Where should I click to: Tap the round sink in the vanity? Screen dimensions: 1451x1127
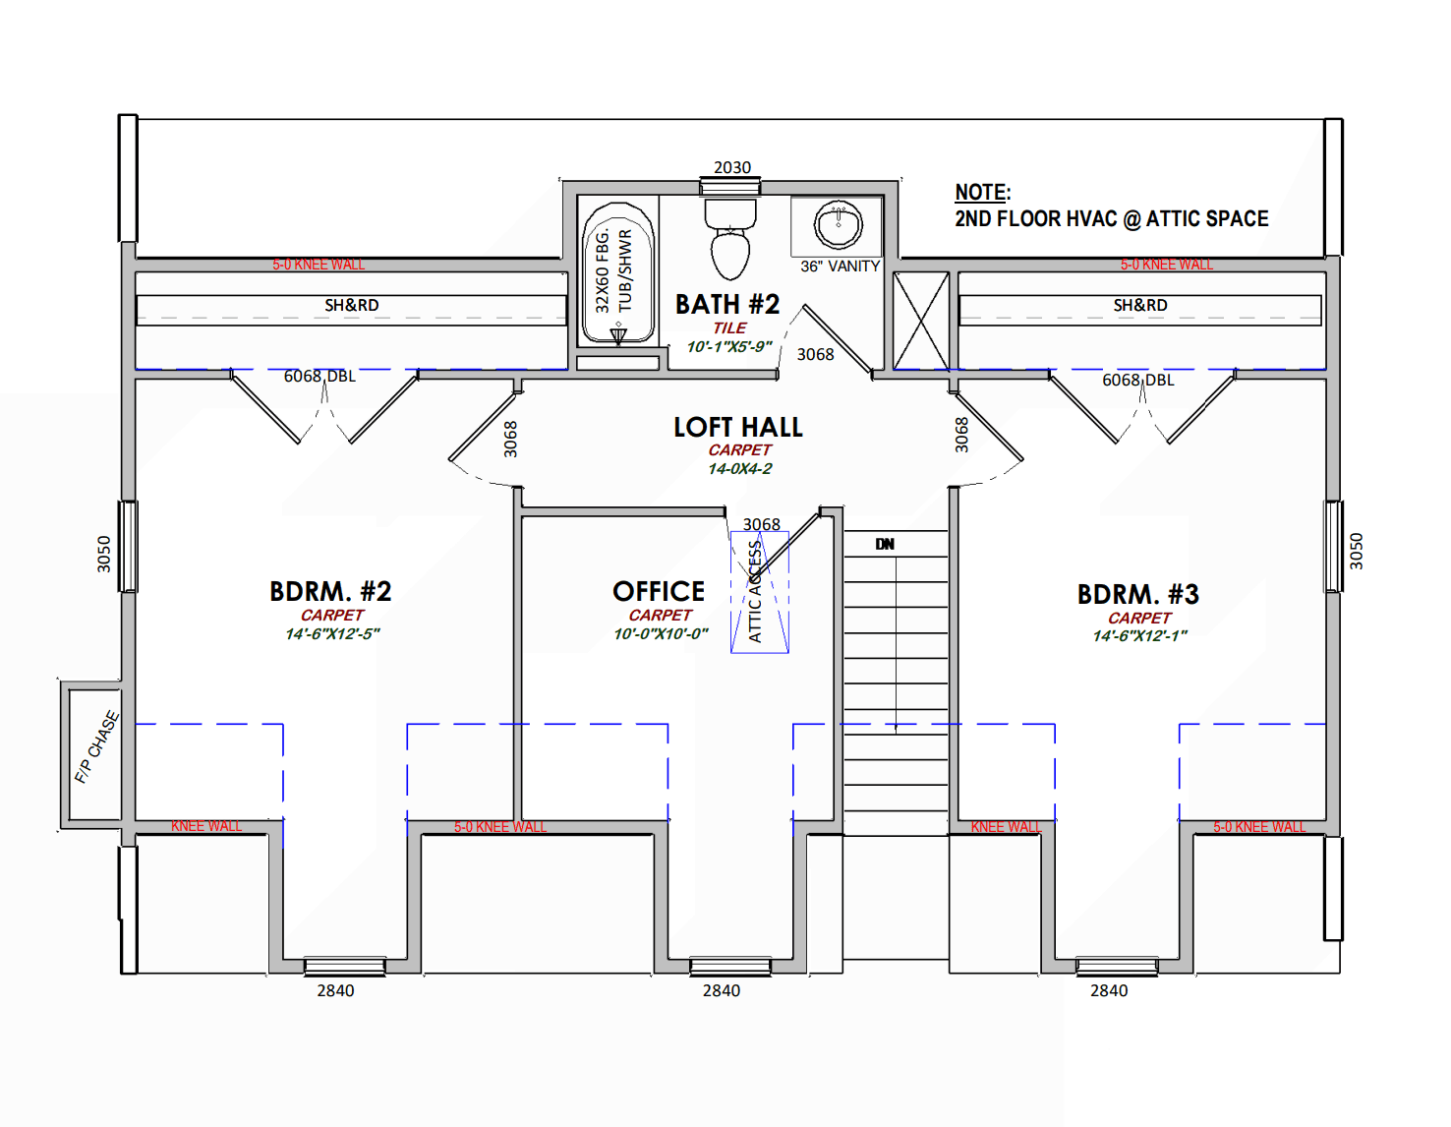point(838,224)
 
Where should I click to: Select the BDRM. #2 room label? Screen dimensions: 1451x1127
point(330,592)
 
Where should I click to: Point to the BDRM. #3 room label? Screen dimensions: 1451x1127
point(1137,594)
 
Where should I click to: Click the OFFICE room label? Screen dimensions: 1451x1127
point(659,592)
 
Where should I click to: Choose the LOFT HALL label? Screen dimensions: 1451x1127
point(738,428)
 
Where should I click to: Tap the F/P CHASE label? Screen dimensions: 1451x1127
point(96,747)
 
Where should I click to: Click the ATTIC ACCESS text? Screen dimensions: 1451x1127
point(755,592)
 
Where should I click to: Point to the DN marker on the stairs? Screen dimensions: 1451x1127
point(885,544)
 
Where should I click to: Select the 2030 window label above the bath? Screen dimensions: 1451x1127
point(731,167)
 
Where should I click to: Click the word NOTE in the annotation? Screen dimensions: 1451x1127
point(981,193)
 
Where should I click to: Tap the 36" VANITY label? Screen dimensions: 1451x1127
point(840,267)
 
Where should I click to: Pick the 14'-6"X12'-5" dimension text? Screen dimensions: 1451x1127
point(332,633)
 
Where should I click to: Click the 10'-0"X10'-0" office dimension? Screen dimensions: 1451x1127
point(661,633)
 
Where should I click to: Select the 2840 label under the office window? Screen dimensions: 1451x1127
point(722,991)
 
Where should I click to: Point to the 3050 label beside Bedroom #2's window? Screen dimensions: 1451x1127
point(103,554)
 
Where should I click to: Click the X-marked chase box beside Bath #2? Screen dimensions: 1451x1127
point(921,321)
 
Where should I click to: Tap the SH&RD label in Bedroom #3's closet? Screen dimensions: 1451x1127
point(1139,305)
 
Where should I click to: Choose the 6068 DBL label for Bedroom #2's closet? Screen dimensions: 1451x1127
point(319,376)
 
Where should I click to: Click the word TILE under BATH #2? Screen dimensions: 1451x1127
point(729,327)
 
